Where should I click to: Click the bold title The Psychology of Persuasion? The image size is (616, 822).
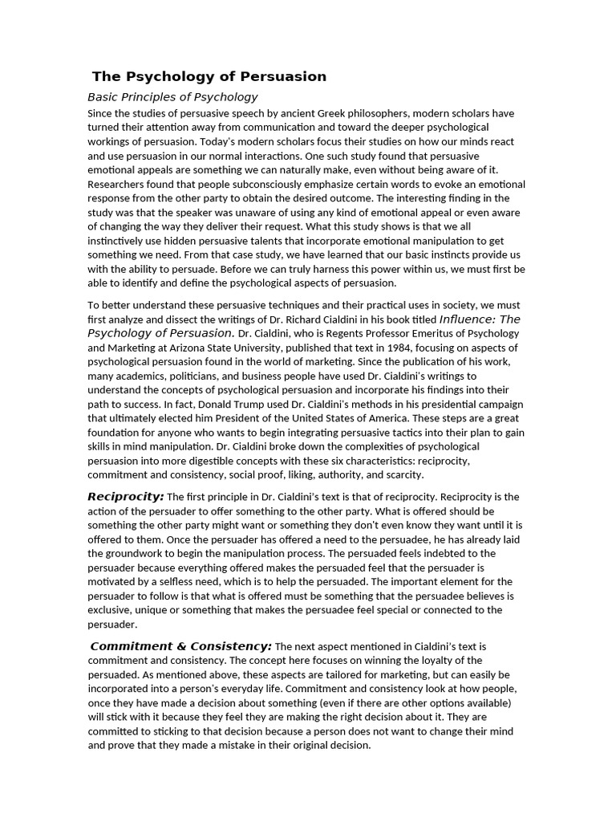tap(209, 77)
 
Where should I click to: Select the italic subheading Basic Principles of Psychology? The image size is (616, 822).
tap(172, 97)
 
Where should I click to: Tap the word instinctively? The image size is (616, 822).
tap(122, 241)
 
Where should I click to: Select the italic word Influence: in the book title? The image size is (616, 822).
tap(468, 319)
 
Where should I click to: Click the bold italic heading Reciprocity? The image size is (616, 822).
tap(126, 497)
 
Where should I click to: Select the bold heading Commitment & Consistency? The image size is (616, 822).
tap(181, 646)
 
